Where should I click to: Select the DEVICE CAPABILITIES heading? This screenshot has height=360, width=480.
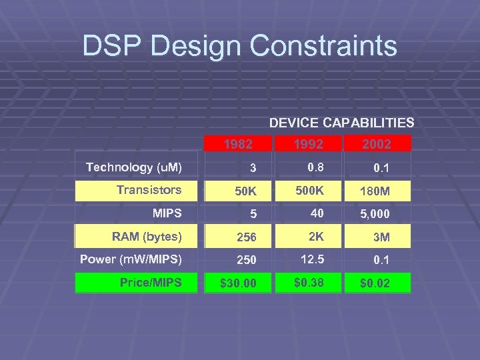point(341,123)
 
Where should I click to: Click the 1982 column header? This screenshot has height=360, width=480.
point(238,144)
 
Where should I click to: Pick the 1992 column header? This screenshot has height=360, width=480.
point(308,144)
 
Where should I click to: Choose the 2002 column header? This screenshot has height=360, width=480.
point(377,144)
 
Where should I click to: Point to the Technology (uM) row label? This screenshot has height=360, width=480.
point(134,167)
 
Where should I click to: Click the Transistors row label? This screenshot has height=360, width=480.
point(149,190)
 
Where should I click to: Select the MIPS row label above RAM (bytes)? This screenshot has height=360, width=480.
point(167,213)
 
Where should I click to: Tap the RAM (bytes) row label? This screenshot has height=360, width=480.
point(147,236)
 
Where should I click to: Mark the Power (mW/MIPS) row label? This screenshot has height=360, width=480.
point(131,259)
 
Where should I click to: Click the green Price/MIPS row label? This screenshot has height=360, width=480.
point(151,283)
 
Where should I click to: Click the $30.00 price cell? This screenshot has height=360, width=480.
point(238,284)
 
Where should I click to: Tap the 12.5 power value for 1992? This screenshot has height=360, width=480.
point(308,259)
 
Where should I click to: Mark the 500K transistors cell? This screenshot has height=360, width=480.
point(308,190)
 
